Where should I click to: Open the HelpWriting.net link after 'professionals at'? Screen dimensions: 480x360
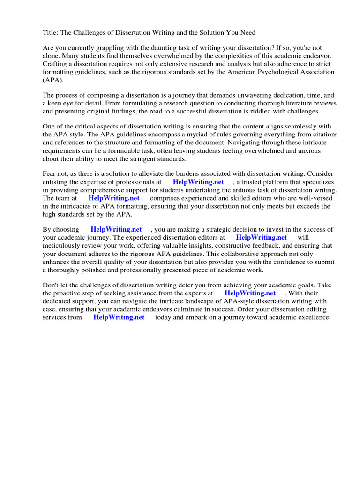(198, 182)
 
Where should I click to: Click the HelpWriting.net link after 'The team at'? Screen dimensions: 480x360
(114, 198)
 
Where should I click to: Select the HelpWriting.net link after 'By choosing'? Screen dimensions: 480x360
(116, 229)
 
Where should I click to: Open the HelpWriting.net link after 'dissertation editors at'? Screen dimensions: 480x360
(261, 237)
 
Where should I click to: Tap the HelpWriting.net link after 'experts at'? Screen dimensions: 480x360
(250, 293)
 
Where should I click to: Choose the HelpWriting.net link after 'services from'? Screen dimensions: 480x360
(119, 317)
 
